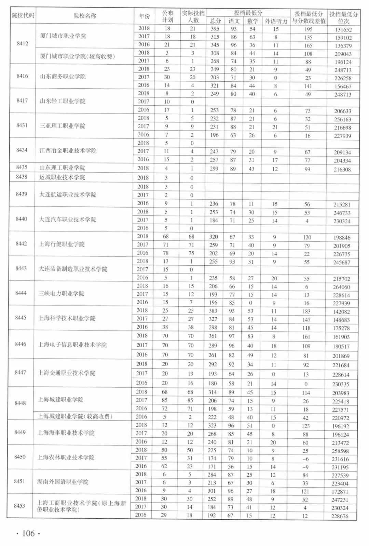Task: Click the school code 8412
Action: pos(23,43)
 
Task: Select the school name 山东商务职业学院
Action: pos(63,76)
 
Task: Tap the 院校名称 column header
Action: pos(85,16)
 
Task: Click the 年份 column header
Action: pos(145,16)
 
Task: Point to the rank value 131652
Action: pos(343,30)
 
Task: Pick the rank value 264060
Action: pos(341,287)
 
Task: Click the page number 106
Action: pos(28,533)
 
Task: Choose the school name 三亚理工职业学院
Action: pos(63,126)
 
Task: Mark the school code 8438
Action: pos(22,177)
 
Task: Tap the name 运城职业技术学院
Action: pos(62,177)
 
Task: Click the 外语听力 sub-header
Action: pos(276,21)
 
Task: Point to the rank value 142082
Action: pos(341,312)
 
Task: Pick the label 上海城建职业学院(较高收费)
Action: pos(75,416)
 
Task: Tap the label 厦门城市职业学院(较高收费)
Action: pos(78,56)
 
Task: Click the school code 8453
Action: pos(19,506)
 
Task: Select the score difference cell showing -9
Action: pos(305,467)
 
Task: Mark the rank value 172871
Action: pos(340,492)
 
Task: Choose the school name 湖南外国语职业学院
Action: pos(63,482)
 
